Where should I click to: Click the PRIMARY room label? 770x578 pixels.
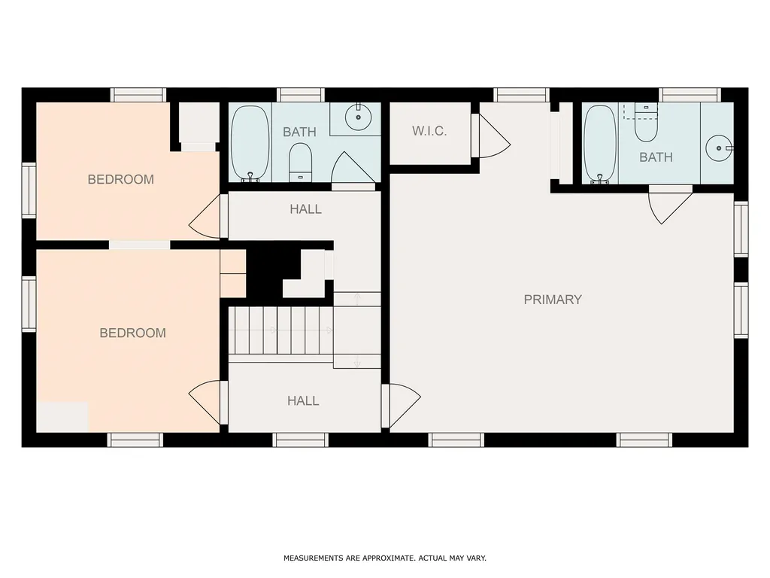tap(553, 300)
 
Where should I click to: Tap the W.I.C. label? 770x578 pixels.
tap(429, 131)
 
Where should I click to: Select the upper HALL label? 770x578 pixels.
tap(305, 209)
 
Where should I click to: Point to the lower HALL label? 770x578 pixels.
tap(303, 401)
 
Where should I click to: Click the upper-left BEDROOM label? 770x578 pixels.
tap(121, 179)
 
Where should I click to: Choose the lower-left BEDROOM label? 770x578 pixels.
tap(132, 333)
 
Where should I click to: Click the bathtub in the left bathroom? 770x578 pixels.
tap(250, 144)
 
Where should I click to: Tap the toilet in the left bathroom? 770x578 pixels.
tap(300, 162)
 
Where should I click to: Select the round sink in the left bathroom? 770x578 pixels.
tap(358, 117)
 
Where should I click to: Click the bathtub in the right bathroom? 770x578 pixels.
tap(600, 144)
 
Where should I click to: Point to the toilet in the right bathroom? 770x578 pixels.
tap(646, 123)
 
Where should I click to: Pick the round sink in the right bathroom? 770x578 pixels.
tap(719, 148)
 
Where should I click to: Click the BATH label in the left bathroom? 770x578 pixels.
tap(299, 132)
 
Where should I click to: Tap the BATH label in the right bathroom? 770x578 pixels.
tap(656, 157)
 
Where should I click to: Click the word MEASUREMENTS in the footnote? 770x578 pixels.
tap(314, 558)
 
